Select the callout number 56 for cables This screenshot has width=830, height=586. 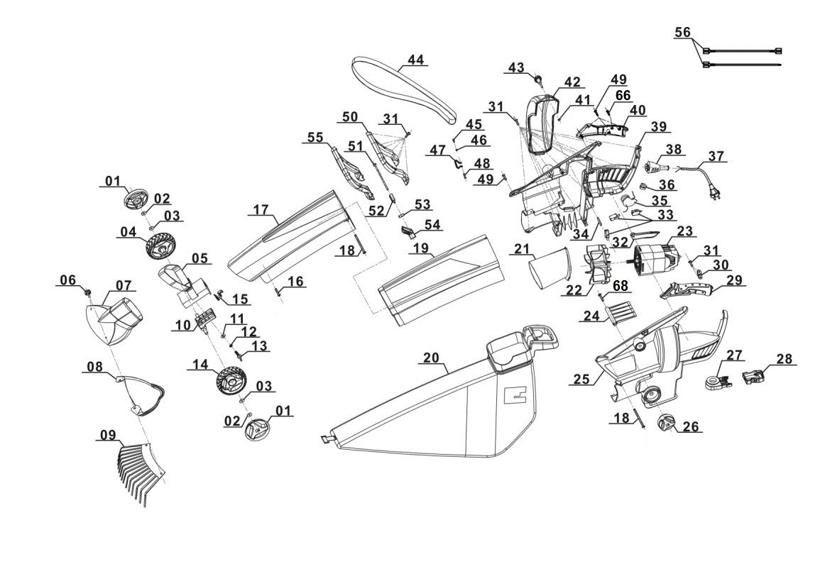pos(682,33)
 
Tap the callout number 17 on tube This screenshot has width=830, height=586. pos(261,210)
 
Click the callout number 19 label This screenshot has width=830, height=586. pos(421,248)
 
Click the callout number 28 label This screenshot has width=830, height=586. pos(784,359)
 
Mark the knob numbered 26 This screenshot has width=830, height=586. pos(670,424)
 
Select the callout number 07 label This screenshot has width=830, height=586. pos(124,285)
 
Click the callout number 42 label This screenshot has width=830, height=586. pos(572,82)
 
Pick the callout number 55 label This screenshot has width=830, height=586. pos(315,136)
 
